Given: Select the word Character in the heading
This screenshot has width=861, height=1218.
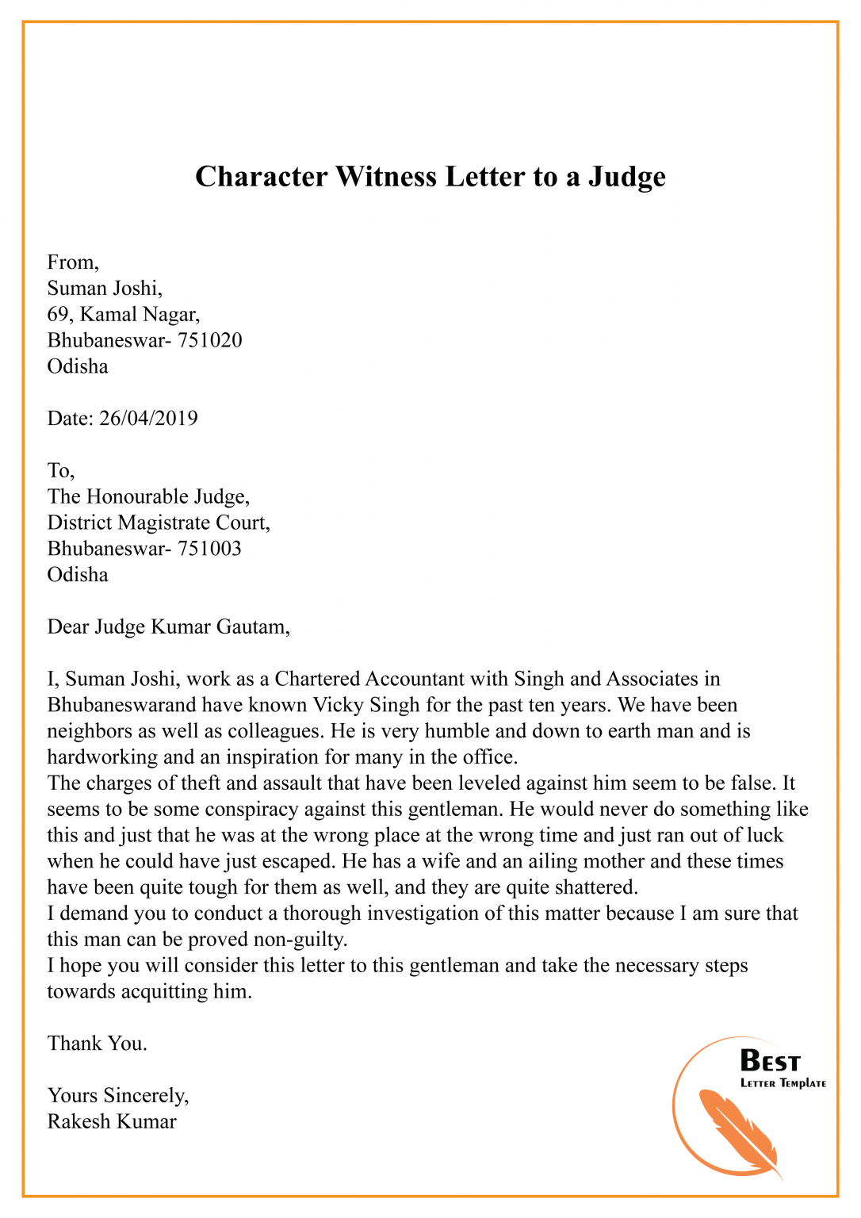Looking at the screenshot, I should (262, 176).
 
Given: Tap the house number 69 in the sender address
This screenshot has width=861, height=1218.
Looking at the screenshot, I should (58, 314).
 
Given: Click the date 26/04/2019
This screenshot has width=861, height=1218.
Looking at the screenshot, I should (148, 418).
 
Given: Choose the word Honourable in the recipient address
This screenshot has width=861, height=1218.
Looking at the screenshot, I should (136, 496).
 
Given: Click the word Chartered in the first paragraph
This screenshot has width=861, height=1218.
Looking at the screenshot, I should (316, 679).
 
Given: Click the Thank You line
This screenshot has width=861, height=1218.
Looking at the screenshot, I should (98, 1044).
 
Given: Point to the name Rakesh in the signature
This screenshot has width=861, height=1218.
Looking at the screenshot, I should (78, 1122).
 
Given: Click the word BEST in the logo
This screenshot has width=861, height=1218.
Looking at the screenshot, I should (770, 1061).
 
